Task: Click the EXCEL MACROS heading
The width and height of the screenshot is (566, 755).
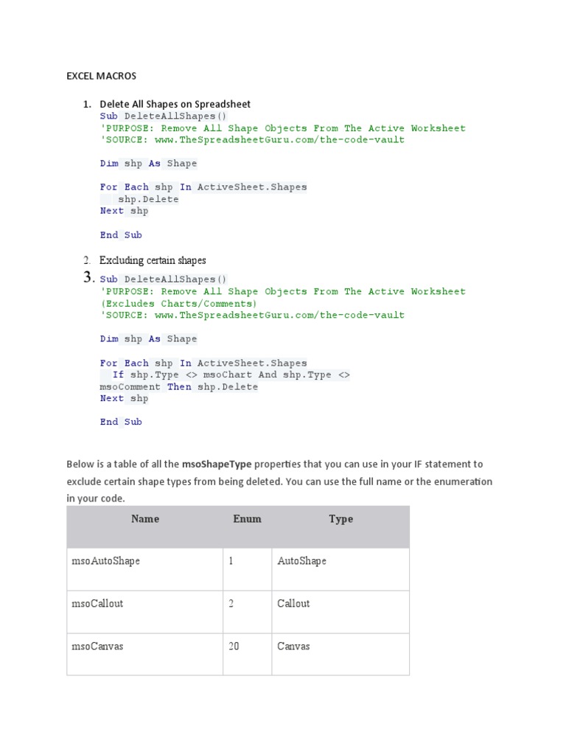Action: (101, 76)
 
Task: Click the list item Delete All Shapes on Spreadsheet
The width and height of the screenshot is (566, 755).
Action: (175, 104)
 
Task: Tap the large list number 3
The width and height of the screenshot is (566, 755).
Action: (89, 278)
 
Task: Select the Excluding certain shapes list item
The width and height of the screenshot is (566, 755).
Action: (153, 260)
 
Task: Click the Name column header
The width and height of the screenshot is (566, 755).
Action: (144, 519)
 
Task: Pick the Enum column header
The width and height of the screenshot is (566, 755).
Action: (247, 519)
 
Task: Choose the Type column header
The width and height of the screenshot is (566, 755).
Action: (340, 519)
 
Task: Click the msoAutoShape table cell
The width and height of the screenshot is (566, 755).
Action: (105, 561)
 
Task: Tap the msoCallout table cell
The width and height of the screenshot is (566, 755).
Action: (97, 604)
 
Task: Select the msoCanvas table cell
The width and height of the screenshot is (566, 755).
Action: (97, 647)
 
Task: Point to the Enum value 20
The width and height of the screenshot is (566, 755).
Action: (234, 647)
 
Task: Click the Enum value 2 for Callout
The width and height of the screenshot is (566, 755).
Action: (231, 604)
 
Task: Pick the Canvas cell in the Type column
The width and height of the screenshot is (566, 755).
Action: (293, 647)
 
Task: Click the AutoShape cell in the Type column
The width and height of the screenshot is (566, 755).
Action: (301, 561)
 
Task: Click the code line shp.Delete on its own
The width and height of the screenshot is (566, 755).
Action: (148, 199)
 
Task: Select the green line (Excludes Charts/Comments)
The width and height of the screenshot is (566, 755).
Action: (178, 303)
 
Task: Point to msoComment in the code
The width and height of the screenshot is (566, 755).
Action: (130, 386)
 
